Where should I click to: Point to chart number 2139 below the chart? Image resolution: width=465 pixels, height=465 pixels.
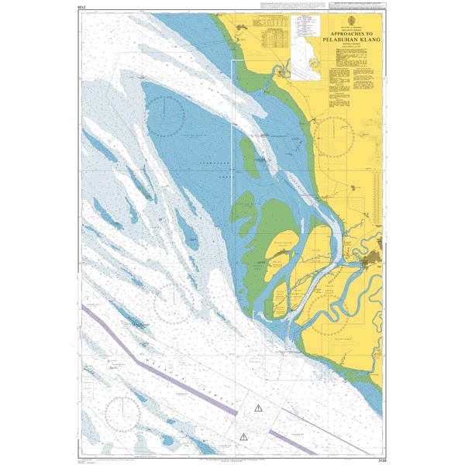coord(377,451)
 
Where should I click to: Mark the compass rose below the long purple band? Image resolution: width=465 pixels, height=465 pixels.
coord(126,417)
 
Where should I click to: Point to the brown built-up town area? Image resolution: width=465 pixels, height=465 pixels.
coord(377,257)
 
